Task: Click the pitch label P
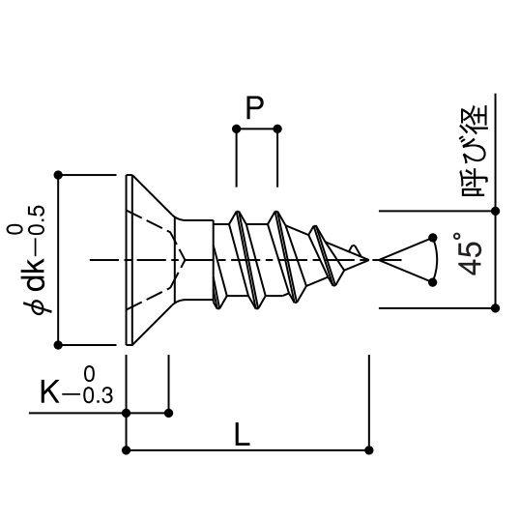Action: coord(254,108)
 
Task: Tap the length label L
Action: coord(242,435)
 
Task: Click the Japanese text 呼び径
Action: coord(475,151)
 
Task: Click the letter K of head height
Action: coord(49,391)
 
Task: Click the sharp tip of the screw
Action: coord(368,260)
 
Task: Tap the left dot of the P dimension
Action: coord(236,129)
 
